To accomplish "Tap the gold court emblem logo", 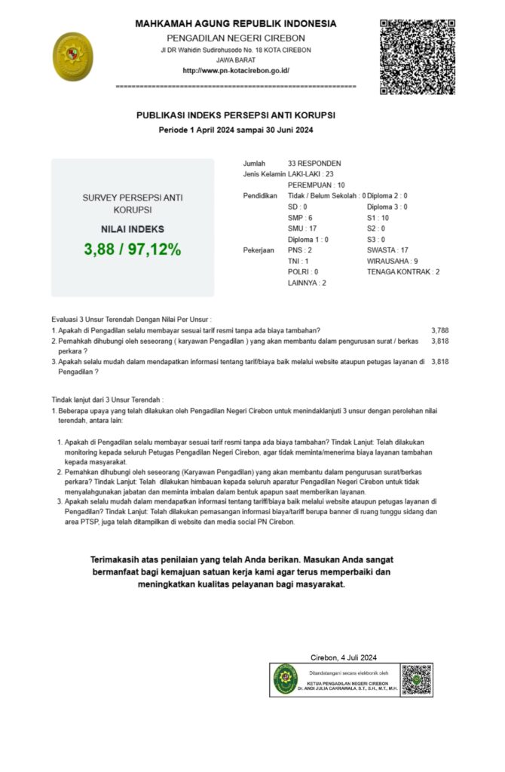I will [73, 57].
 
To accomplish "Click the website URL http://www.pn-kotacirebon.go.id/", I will [236, 71].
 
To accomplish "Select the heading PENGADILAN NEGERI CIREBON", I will [236, 38].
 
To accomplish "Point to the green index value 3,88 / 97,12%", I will [133, 250].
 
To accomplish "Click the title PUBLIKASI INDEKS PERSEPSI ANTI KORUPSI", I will [236, 115].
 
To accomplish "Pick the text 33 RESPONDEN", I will [314, 163].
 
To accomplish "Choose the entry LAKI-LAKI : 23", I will [311, 174].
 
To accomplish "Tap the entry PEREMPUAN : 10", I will [317, 185].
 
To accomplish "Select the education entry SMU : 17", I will [302, 228].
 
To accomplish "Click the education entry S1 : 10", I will [378, 218].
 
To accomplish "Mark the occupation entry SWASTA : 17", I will [387, 250].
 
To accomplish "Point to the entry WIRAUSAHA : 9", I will [393, 261].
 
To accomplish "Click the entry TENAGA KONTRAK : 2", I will [403, 271].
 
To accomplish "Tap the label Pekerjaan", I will [259, 250].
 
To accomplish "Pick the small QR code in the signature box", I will [416, 679].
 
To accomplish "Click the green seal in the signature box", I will [286, 679].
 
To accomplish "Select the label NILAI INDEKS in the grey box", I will [133, 229].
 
